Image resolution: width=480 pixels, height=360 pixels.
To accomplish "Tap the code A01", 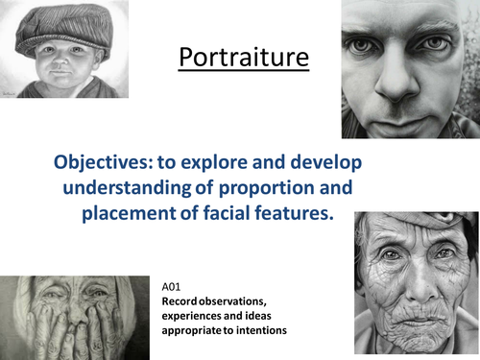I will pos(175,283).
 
